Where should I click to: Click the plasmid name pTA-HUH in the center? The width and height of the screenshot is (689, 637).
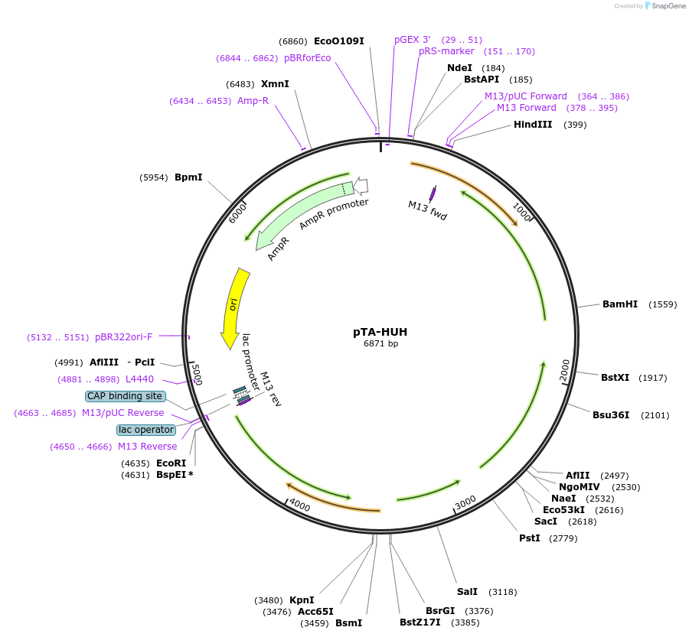[380, 332]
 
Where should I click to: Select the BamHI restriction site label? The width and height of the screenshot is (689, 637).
[619, 304]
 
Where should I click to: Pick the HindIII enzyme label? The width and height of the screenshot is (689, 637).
[533, 124]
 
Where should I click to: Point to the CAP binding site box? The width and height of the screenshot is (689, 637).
[125, 396]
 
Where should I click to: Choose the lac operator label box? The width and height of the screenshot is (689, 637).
[145, 430]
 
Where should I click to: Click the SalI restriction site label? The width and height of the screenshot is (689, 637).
[467, 591]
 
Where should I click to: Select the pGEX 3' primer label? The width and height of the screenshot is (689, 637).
[413, 39]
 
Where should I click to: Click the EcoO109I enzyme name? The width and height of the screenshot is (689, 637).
[338, 41]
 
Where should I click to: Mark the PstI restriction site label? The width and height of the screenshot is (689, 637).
[530, 538]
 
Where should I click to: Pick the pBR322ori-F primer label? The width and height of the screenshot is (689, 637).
[124, 336]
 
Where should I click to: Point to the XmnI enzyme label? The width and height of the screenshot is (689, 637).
[275, 83]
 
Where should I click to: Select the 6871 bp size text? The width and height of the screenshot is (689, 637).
[380, 343]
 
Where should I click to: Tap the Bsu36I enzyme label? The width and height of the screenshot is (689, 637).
[611, 415]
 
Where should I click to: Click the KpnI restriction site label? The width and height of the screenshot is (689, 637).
[302, 600]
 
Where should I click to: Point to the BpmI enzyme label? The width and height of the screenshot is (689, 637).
[188, 177]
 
